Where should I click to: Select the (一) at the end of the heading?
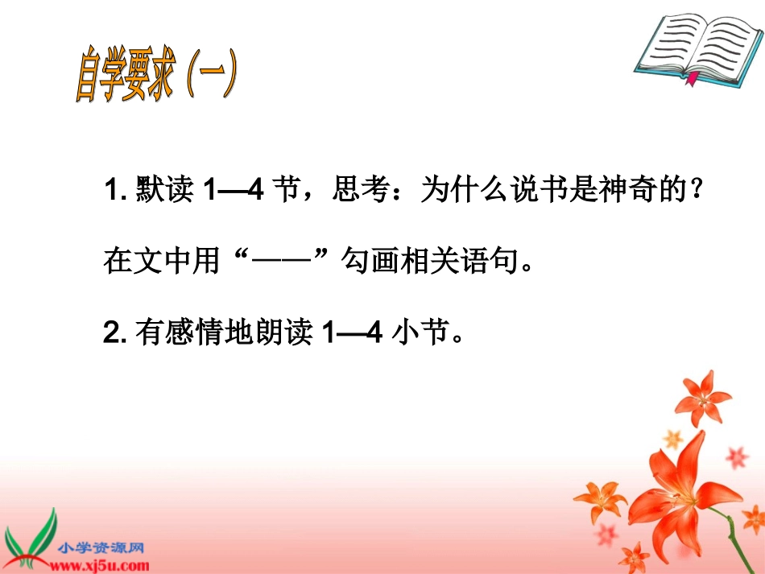[209, 77]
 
